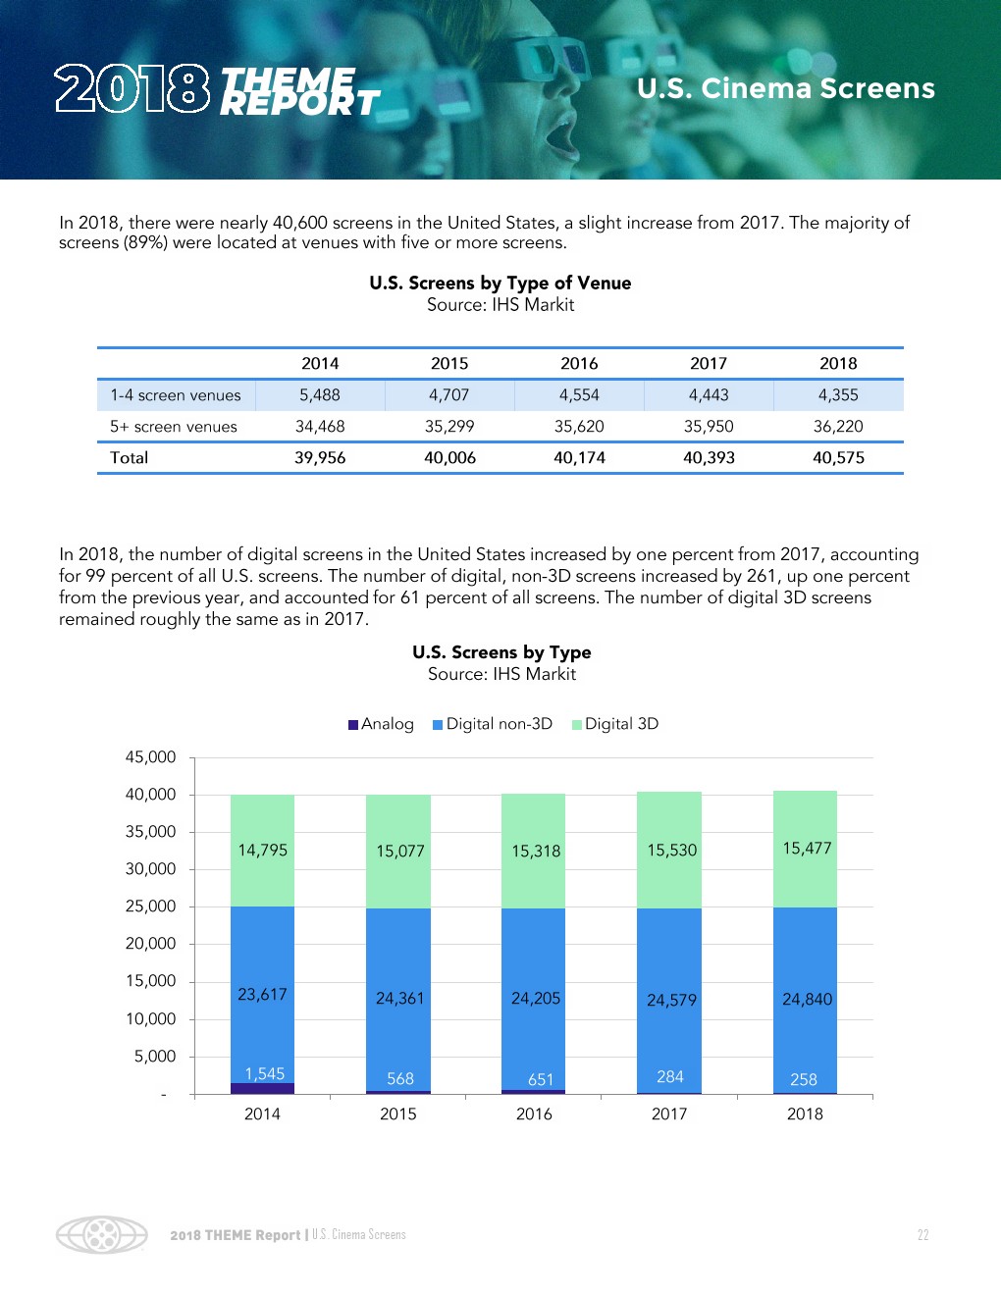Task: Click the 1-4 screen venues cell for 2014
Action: pos(320,395)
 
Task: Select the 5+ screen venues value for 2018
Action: pos(838,427)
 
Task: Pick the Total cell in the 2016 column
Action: pos(579,458)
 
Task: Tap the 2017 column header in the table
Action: pos(709,364)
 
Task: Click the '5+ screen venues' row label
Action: pos(174,427)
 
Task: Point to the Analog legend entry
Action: pos(381,724)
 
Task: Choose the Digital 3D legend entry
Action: pos(615,724)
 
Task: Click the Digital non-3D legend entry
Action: pos(493,724)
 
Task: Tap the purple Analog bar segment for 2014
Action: pos(262,1088)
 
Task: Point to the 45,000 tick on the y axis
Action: pos(150,757)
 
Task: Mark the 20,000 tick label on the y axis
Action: pos(150,944)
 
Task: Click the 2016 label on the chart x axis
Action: pos(534,1114)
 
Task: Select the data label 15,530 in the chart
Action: pos(671,851)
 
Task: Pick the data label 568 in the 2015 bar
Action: pos(399,1079)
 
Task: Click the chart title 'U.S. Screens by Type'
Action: pos(501,652)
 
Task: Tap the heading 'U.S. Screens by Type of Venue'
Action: pos(500,284)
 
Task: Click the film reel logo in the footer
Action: pos(101,1234)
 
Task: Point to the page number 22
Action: pos(922,1235)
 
